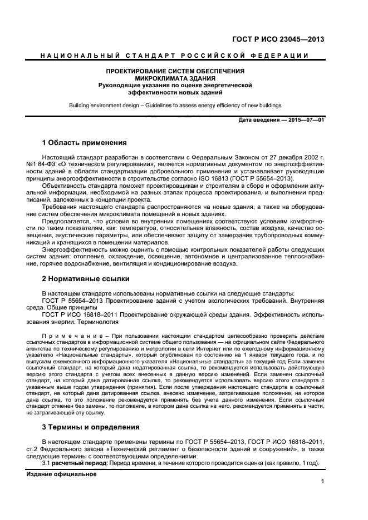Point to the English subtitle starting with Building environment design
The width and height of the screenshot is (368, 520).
pos(175,105)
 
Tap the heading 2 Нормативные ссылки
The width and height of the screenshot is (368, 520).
pos(86,279)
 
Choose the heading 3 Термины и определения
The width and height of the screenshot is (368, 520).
pos(92,428)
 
